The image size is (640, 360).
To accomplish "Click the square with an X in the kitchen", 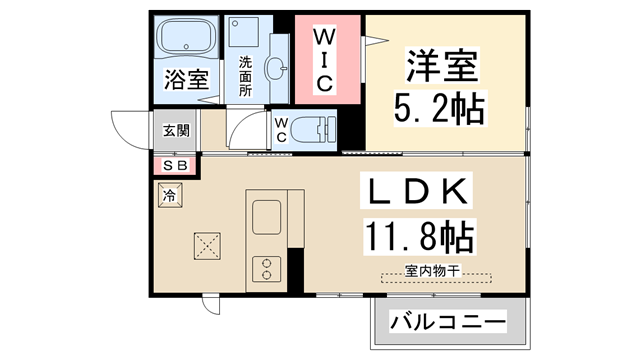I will (208, 244).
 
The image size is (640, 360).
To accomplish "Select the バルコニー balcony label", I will (447, 322).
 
